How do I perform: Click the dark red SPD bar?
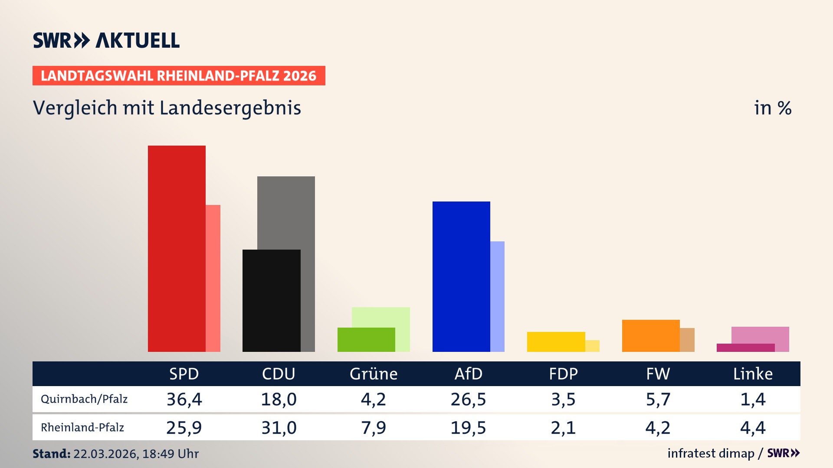point(177,248)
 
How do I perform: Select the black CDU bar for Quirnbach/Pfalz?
point(271,300)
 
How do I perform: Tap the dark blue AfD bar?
point(461,276)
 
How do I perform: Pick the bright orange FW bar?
point(651,335)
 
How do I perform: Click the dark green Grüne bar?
point(366,339)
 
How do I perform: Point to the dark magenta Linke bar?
point(745,348)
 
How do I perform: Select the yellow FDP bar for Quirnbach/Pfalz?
point(556,341)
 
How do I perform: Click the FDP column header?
point(563,374)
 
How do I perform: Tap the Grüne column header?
point(374,374)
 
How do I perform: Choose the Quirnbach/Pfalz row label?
point(84,399)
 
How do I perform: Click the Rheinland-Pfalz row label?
point(82,427)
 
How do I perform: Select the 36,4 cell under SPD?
point(184,399)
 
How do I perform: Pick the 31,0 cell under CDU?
point(279,428)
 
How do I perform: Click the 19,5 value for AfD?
point(468,428)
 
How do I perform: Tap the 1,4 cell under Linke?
point(753,399)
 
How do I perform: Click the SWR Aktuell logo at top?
point(106,40)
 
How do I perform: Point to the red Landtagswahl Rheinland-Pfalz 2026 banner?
point(179,75)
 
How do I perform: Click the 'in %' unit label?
point(773,108)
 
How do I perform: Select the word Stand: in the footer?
point(51,454)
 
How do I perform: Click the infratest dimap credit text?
point(711,453)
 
